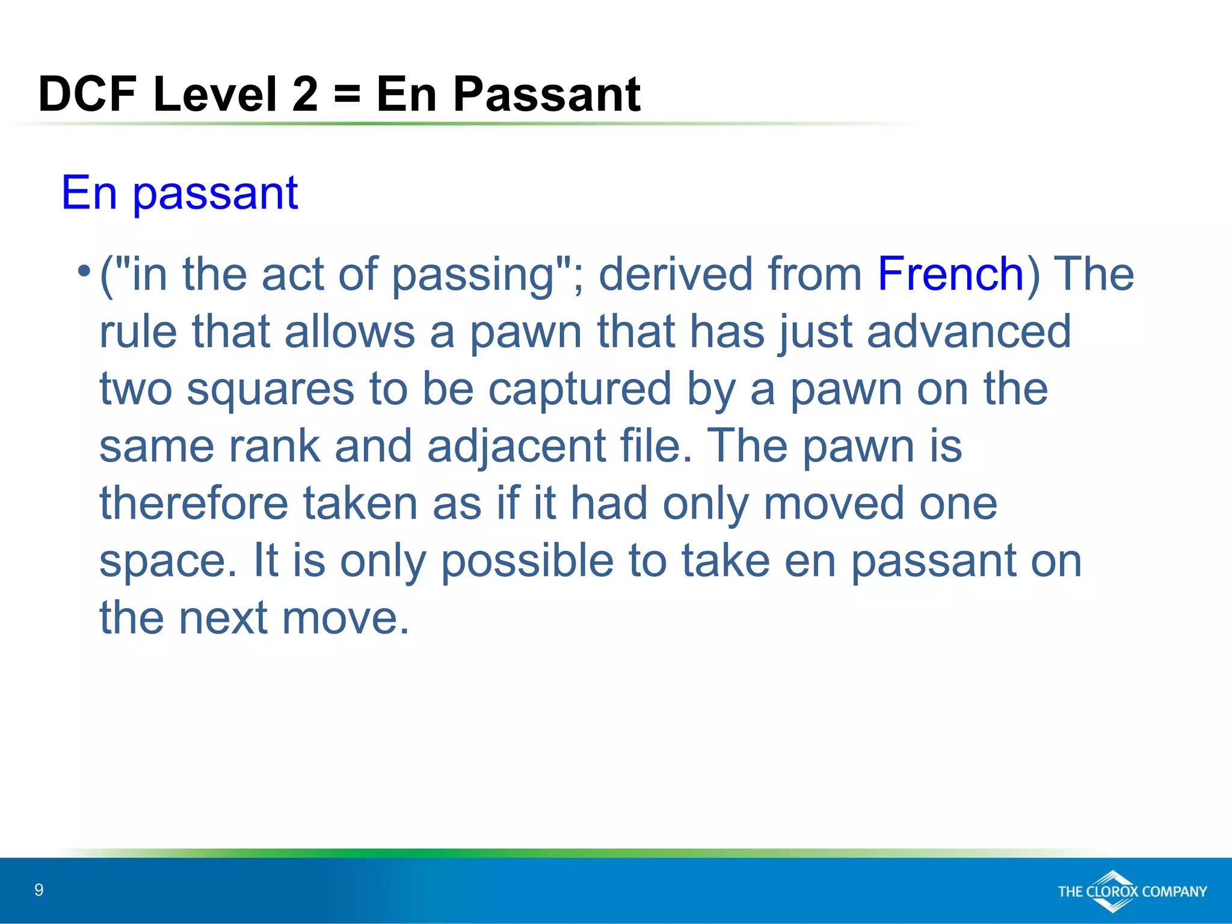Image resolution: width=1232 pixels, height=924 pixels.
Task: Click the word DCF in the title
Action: pyautogui.click(x=87, y=94)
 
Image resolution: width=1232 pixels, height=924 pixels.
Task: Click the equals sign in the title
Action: pyautogui.click(x=346, y=94)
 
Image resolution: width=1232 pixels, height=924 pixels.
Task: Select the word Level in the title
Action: pyautogui.click(x=215, y=94)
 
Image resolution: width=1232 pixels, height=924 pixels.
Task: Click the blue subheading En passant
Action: pyautogui.click(x=179, y=193)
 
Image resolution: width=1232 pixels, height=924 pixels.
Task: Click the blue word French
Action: pyautogui.click(x=950, y=274)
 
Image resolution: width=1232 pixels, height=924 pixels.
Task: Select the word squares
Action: pyautogui.click(x=270, y=390)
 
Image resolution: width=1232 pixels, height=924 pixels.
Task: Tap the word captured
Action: pyautogui.click(x=579, y=390)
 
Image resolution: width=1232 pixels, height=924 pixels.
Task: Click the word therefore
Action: pyautogui.click(x=194, y=504)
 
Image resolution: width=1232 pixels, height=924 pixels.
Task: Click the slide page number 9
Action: pyautogui.click(x=39, y=890)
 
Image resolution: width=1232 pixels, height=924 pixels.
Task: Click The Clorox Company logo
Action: pyautogui.click(x=1132, y=891)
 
